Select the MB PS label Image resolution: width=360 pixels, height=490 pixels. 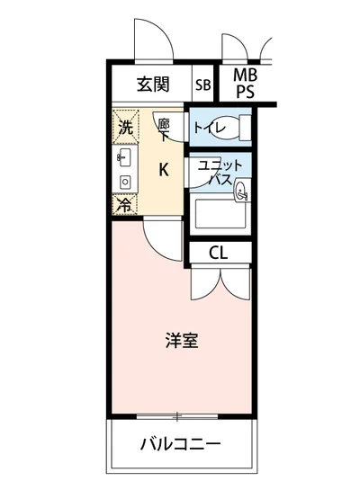click(x=244, y=84)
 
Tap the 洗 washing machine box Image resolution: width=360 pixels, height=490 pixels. click(x=125, y=128)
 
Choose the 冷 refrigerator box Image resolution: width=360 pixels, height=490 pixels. click(x=125, y=204)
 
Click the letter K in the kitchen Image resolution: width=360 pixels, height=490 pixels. click(x=163, y=169)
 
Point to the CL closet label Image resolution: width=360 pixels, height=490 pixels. click(x=218, y=253)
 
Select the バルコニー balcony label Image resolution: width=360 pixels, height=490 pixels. click(x=180, y=445)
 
